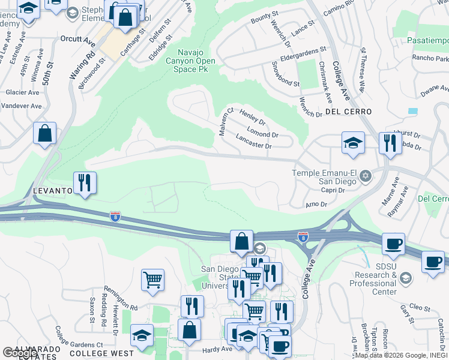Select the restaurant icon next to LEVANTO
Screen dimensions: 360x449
click(x=84, y=183)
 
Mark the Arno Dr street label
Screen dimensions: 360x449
click(x=316, y=205)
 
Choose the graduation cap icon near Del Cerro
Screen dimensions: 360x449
click(x=353, y=143)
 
